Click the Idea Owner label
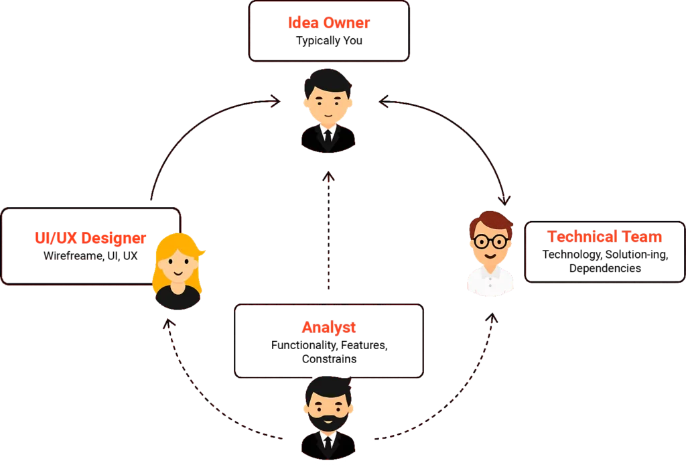pos(328,23)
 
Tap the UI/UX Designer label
pos(90,238)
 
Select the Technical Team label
pos(604,237)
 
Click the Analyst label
pos(328,328)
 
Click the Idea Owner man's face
pos(327,105)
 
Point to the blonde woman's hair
pos(178,248)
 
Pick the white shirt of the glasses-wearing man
pos(491,281)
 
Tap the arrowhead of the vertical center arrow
pos(328,178)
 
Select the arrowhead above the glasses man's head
pos(504,199)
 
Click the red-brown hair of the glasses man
pos(491,221)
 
